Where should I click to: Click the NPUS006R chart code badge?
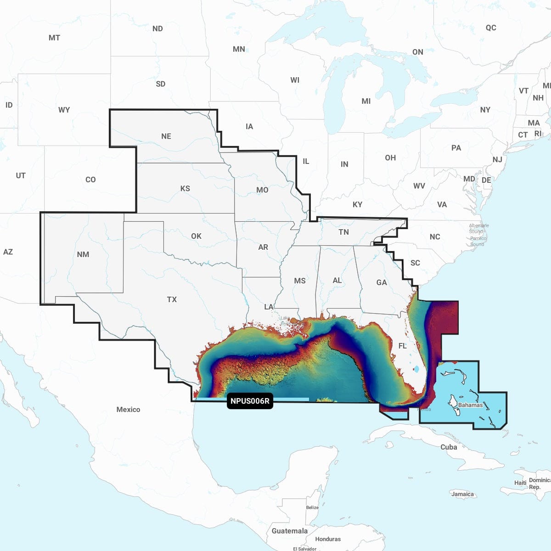[x=250, y=401]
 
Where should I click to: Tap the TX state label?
[x=172, y=299]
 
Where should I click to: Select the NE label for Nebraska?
[x=166, y=136]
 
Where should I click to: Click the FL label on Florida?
[x=403, y=346]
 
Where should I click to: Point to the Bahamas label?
[x=470, y=405]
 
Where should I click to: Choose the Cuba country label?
[x=449, y=447]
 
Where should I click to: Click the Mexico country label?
[x=128, y=409]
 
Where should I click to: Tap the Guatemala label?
[x=289, y=531]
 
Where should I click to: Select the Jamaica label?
[x=462, y=494]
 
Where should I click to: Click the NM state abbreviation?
[x=83, y=254]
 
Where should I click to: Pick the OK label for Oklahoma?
[x=196, y=236]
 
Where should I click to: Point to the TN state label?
[x=343, y=232]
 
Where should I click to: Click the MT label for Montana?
[x=54, y=38]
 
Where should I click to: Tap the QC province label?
[x=491, y=28]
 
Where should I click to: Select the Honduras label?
[x=328, y=539]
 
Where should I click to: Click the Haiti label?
[x=520, y=483]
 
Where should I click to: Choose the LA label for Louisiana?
[x=269, y=307]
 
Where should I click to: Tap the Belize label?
[x=312, y=507]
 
